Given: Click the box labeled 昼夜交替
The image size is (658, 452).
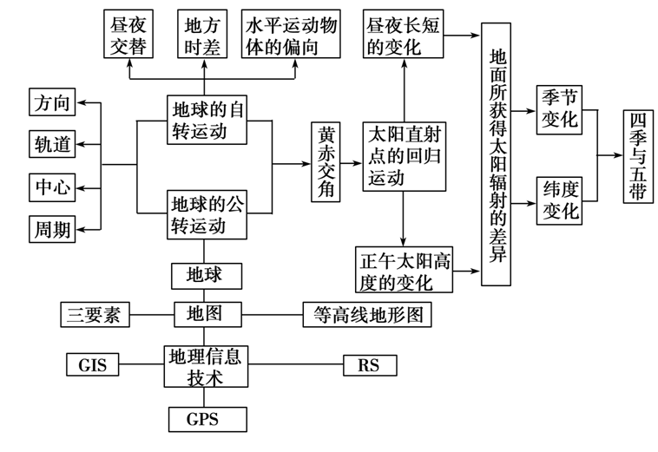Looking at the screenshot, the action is click(x=128, y=34).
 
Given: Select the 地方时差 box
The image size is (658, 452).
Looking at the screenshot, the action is click(x=202, y=34).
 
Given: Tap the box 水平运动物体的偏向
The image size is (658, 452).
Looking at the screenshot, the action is click(x=291, y=34).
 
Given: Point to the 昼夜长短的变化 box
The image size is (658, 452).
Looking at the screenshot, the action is click(x=403, y=34).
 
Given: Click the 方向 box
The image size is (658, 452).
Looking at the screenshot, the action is click(x=52, y=102).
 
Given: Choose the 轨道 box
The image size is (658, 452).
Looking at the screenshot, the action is click(x=52, y=144).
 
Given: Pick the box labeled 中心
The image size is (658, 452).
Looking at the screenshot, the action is click(x=52, y=187).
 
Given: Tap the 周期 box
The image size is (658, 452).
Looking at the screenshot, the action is click(x=52, y=229).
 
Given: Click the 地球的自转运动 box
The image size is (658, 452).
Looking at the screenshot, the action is click(x=207, y=120).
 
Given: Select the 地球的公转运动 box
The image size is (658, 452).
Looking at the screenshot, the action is click(x=207, y=214).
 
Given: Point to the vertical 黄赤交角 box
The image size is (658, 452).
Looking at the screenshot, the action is click(x=326, y=162).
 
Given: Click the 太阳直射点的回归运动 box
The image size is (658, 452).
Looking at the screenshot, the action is click(x=405, y=157).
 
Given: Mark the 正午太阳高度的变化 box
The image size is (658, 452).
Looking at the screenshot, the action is click(x=405, y=270).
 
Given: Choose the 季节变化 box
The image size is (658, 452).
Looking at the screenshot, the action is click(x=559, y=110).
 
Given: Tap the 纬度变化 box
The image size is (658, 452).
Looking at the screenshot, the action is click(x=559, y=201).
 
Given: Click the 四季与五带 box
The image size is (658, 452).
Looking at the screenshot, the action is click(x=638, y=156).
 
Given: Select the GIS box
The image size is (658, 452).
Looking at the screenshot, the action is click(x=92, y=364).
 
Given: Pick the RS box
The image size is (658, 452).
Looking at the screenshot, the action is click(x=370, y=365).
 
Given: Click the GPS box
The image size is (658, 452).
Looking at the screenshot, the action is click(x=207, y=419).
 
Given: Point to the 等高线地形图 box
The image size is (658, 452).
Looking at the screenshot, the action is click(x=367, y=314).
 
